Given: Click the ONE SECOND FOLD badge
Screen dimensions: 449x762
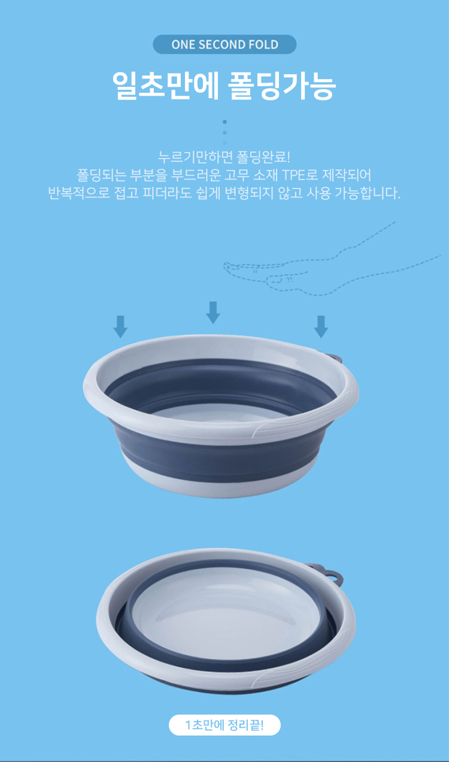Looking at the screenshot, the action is [x=224, y=44].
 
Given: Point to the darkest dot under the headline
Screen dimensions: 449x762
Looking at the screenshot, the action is [x=224, y=122].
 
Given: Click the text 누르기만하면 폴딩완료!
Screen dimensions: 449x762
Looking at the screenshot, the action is [x=224, y=157].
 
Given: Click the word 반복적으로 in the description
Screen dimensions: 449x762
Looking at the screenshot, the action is [x=79, y=193].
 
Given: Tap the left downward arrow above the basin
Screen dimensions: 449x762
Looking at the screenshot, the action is [x=120, y=327].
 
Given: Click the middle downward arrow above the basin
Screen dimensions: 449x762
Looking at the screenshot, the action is [x=213, y=312].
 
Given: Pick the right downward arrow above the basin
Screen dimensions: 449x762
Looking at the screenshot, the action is [x=321, y=327].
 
